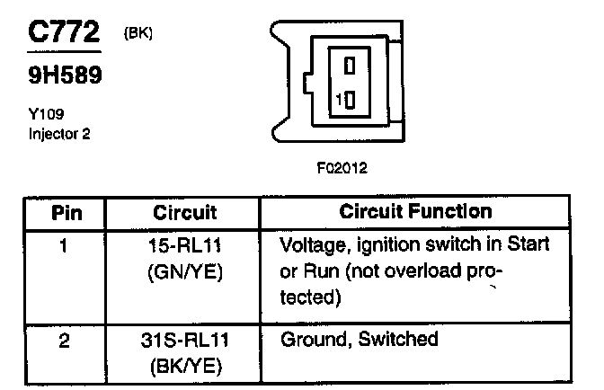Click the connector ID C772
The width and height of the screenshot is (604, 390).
pos(62,33)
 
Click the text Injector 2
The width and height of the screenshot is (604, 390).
pos(58,135)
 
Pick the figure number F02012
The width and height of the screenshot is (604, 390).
pos(342,167)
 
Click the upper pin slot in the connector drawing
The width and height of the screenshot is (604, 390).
pos(350,66)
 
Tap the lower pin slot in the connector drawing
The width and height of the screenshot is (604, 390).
pos(350,100)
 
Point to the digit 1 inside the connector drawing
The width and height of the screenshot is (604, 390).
pos(336,100)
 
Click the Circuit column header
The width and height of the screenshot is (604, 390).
pos(184,213)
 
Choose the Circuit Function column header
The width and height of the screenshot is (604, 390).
pos(415,212)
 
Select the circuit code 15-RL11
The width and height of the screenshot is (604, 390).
pos(184,244)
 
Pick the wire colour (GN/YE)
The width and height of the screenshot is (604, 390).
pos(184,270)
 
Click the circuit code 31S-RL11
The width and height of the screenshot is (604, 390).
pos(184,340)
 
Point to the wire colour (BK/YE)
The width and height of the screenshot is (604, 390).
pos(184,366)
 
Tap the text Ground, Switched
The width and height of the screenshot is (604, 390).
pos(359,340)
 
